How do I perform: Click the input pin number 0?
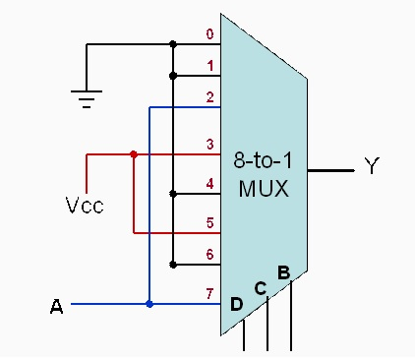[x=208, y=35]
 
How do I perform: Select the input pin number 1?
[x=208, y=66]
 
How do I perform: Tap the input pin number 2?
[x=208, y=96]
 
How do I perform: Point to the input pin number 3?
[x=208, y=145]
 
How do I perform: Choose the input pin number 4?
[x=208, y=183]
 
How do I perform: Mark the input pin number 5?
[x=208, y=223]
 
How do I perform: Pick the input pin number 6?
[x=208, y=254]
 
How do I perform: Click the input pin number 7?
[x=208, y=293]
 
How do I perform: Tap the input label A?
[x=56, y=307]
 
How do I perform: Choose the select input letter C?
[x=261, y=289]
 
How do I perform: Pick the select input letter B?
[x=283, y=271]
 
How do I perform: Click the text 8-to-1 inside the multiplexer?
[x=263, y=160]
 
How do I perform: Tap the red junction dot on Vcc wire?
[x=134, y=154]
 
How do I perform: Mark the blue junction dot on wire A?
[x=148, y=304]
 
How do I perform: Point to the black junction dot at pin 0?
[x=173, y=44]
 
